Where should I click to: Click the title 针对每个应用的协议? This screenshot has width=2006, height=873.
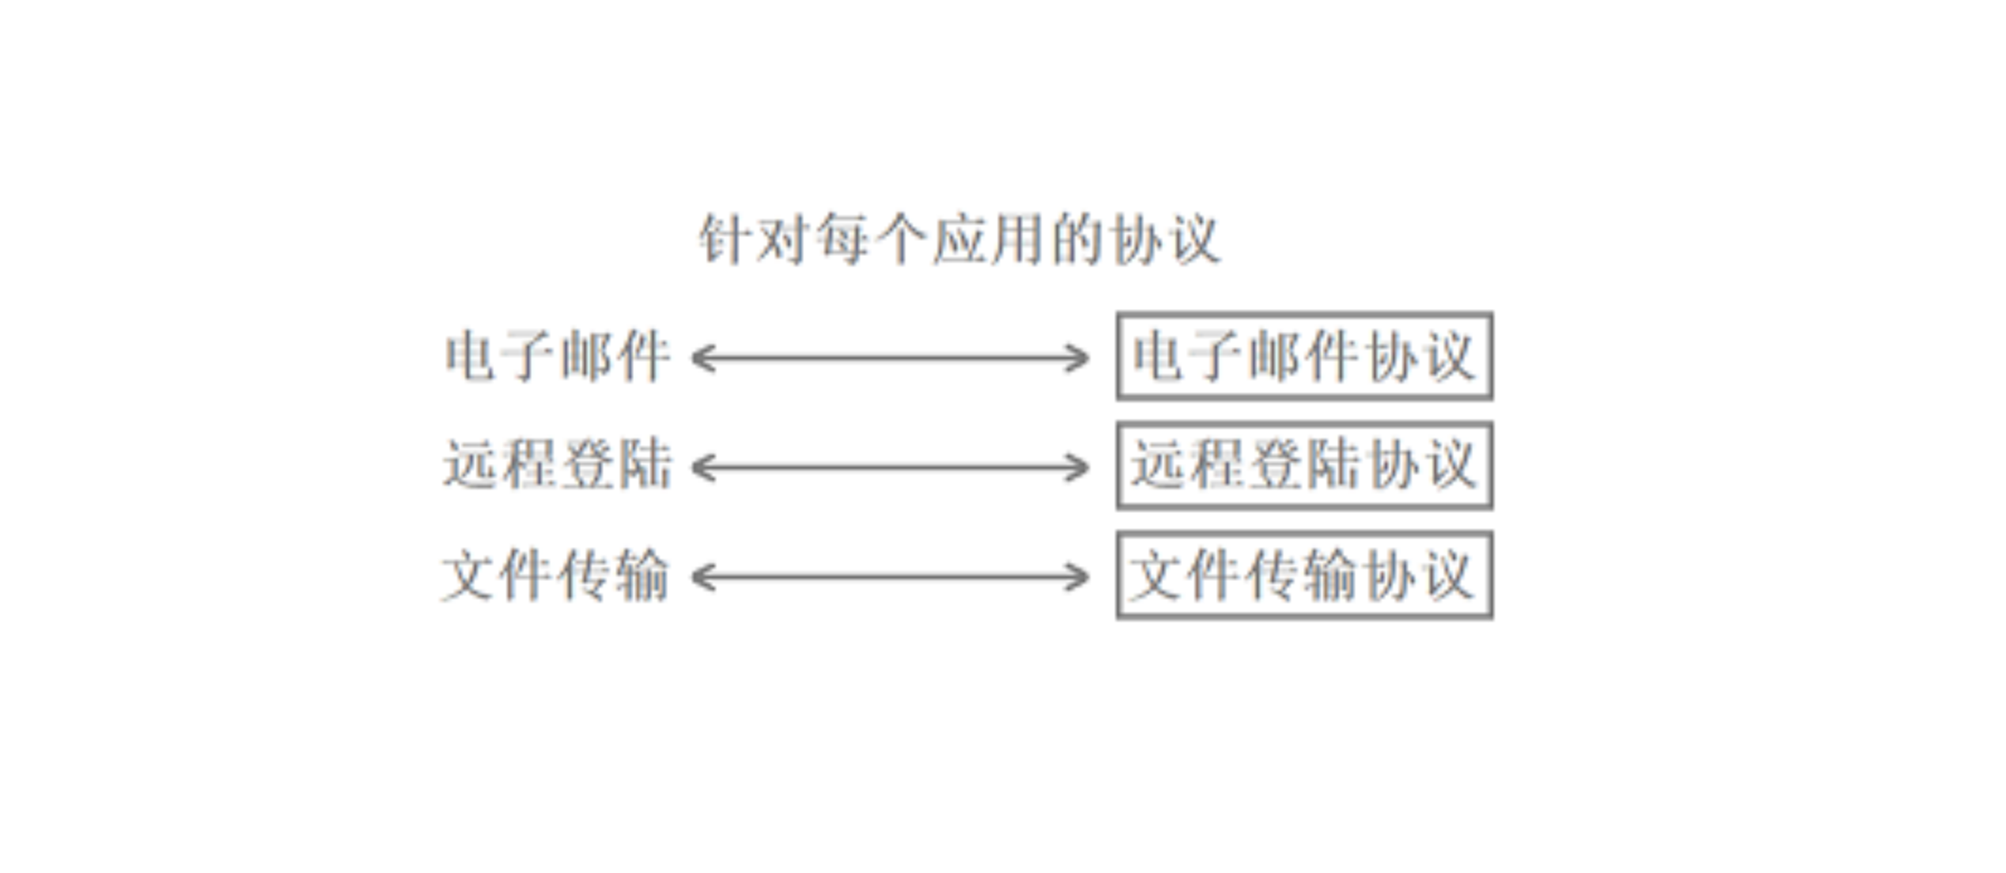(x=959, y=239)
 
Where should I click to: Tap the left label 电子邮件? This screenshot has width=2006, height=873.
(x=557, y=357)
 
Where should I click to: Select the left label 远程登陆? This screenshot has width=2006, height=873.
(x=557, y=466)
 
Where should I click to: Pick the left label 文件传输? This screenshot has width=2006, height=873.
(x=556, y=575)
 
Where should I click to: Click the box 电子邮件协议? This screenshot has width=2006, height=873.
(x=1304, y=356)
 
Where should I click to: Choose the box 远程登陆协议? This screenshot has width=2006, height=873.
(x=1304, y=466)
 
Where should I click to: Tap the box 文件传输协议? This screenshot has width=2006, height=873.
(x=1304, y=575)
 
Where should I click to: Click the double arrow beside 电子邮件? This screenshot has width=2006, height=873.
(x=891, y=358)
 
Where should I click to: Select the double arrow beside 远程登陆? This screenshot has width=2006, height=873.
(x=891, y=468)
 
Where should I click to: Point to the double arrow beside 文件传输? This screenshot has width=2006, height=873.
(x=891, y=577)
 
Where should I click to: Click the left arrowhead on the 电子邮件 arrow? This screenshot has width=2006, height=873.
(x=701, y=358)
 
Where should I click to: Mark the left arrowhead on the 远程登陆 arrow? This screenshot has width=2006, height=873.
(x=701, y=468)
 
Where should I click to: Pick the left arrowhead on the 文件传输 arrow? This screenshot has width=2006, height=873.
(x=701, y=577)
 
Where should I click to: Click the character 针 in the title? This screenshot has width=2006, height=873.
(x=726, y=239)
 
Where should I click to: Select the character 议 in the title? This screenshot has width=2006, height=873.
(x=1192, y=239)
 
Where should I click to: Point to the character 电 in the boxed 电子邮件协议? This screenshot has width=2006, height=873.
(x=1158, y=356)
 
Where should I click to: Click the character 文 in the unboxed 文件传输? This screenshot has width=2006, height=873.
(x=471, y=575)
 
